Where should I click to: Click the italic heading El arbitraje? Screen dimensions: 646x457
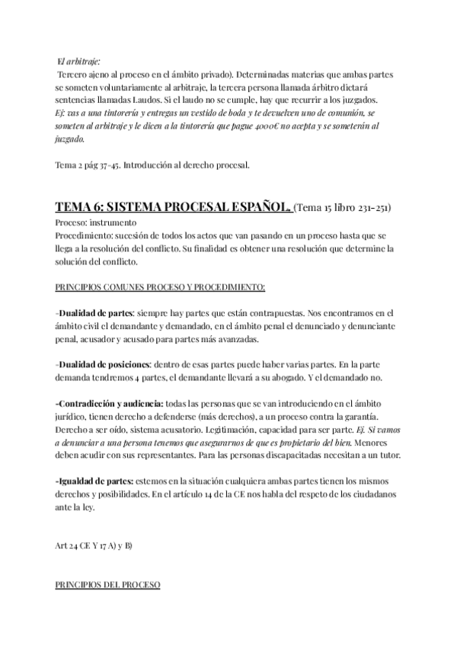pyautogui.click(x=79, y=61)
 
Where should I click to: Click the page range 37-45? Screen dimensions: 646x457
pyautogui.click(x=105, y=165)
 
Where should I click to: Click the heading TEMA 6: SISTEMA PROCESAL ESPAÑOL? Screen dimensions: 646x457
pyautogui.click(x=172, y=207)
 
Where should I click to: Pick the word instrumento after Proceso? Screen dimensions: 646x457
pyautogui.click(x=113, y=222)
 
